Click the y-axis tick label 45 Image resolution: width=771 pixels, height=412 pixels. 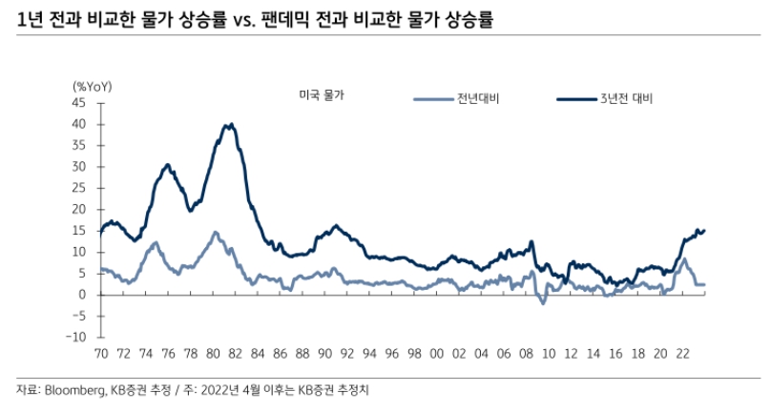coord(79,102)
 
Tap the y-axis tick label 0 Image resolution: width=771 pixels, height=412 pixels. coord(83,295)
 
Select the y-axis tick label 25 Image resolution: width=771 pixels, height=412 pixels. coord(79,188)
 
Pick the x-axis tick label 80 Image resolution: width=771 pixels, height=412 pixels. coord(212,353)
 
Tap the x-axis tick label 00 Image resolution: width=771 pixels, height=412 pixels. coord(436,353)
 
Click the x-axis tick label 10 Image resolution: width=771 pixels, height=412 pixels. coord(549,353)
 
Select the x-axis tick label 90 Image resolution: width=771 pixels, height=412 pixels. coord(324,353)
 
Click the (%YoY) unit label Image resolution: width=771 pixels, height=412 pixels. coord(93,86)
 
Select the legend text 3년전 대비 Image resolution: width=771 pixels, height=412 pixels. coord(625,98)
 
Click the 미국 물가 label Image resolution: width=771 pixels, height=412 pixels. coord(321,95)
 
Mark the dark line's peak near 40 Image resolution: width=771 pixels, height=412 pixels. coord(230,124)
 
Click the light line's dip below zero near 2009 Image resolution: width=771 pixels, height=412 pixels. coord(542,302)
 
